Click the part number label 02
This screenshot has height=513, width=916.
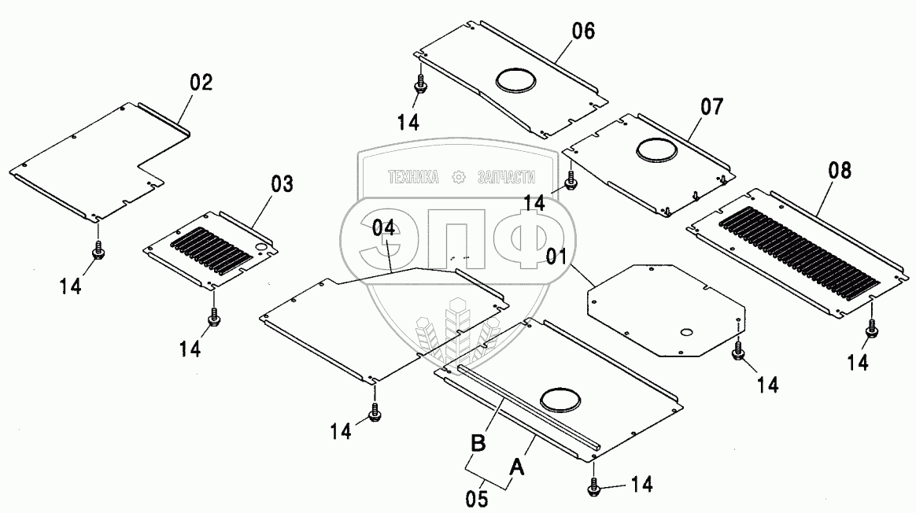(x=201, y=83)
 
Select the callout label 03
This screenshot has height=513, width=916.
(x=282, y=185)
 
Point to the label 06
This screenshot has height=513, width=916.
(x=583, y=31)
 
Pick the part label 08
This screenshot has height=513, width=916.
(x=840, y=170)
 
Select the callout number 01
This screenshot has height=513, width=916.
(x=557, y=256)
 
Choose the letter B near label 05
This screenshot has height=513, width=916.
(x=478, y=443)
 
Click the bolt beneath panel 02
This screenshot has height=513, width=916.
(x=98, y=250)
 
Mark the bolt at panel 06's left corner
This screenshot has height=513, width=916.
(x=422, y=85)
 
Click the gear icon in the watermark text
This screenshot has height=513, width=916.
(x=458, y=178)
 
